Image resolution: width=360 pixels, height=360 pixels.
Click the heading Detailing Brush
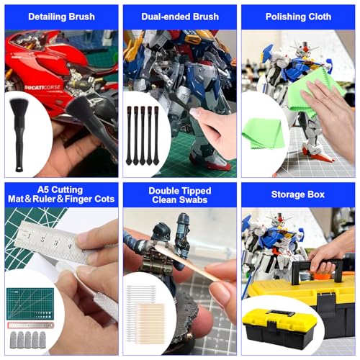pos(61,17)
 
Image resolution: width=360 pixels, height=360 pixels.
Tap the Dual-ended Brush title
pos(180,17)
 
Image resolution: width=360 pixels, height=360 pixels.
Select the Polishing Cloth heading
pos(298,17)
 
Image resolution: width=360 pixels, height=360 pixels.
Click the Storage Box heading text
pos(298,194)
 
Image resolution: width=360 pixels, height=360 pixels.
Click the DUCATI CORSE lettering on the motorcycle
pos(42,87)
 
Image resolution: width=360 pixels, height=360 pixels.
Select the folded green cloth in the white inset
pos(263,133)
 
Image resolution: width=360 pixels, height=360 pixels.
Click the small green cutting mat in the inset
pos(30,304)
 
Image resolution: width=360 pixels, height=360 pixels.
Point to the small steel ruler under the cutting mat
pos(31,325)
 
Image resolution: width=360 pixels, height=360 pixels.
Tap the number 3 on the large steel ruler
pos(56,243)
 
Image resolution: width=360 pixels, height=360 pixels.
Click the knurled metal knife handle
pos(106,307)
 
